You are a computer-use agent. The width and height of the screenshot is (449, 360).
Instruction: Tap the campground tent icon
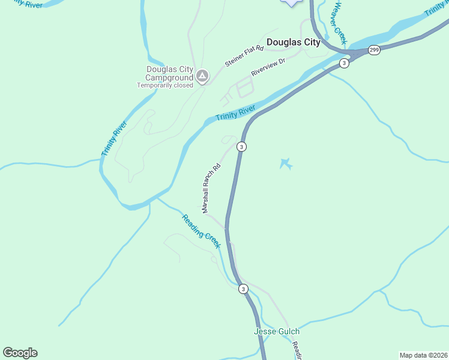(x=202, y=76)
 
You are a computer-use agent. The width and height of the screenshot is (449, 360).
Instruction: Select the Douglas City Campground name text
(x=170, y=73)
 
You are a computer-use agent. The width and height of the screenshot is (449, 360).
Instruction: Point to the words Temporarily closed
(x=165, y=85)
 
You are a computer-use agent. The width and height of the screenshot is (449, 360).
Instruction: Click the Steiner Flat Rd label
(x=244, y=55)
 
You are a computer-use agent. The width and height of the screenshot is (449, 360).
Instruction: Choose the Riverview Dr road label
(x=268, y=66)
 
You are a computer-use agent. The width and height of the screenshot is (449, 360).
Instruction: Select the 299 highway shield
(x=373, y=50)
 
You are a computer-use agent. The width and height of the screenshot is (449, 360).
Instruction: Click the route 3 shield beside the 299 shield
(x=343, y=63)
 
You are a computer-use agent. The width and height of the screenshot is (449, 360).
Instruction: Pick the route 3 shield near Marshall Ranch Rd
(x=241, y=146)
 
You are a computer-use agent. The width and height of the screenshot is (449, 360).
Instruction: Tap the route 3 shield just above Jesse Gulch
(x=243, y=289)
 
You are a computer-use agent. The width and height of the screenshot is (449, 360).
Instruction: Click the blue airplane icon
(x=286, y=163)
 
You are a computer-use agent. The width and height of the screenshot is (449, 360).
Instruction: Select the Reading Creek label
(x=202, y=232)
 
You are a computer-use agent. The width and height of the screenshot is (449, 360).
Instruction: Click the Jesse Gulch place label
(x=277, y=331)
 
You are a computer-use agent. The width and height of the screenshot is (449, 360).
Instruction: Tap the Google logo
(x=20, y=353)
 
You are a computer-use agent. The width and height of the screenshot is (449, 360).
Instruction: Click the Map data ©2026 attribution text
(x=423, y=355)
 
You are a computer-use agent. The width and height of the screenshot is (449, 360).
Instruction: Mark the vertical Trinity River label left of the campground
(x=114, y=139)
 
